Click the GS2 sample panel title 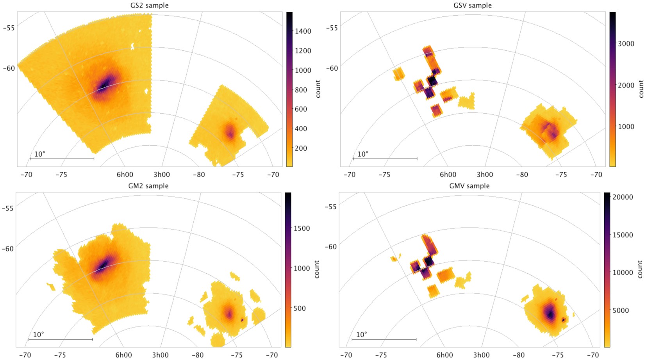pyautogui.click(x=149, y=5)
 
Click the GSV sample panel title pyautogui.click(x=472, y=5)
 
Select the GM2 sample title pyautogui.click(x=148, y=186)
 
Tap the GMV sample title pyautogui.click(x=469, y=186)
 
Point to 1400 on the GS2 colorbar pyautogui.click(x=303, y=31)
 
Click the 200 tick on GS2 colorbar pyautogui.click(x=301, y=148)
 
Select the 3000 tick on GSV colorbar pyautogui.click(x=626, y=44)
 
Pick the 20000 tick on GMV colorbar pyautogui.click(x=623, y=197)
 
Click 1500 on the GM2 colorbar pyautogui.click(x=302, y=228)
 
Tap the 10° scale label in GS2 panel pyautogui.click(x=39, y=154)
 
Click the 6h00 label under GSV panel pyautogui.click(x=448, y=175)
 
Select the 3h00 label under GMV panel pyautogui.click(x=481, y=355)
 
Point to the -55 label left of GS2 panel pyautogui.click(x=9, y=28)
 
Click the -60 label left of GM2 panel pyautogui.click(x=7, y=249)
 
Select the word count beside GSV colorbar pyautogui.click(x=641, y=89)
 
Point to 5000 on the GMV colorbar pyautogui.click(x=621, y=310)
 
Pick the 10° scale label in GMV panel pyautogui.click(x=361, y=335)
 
